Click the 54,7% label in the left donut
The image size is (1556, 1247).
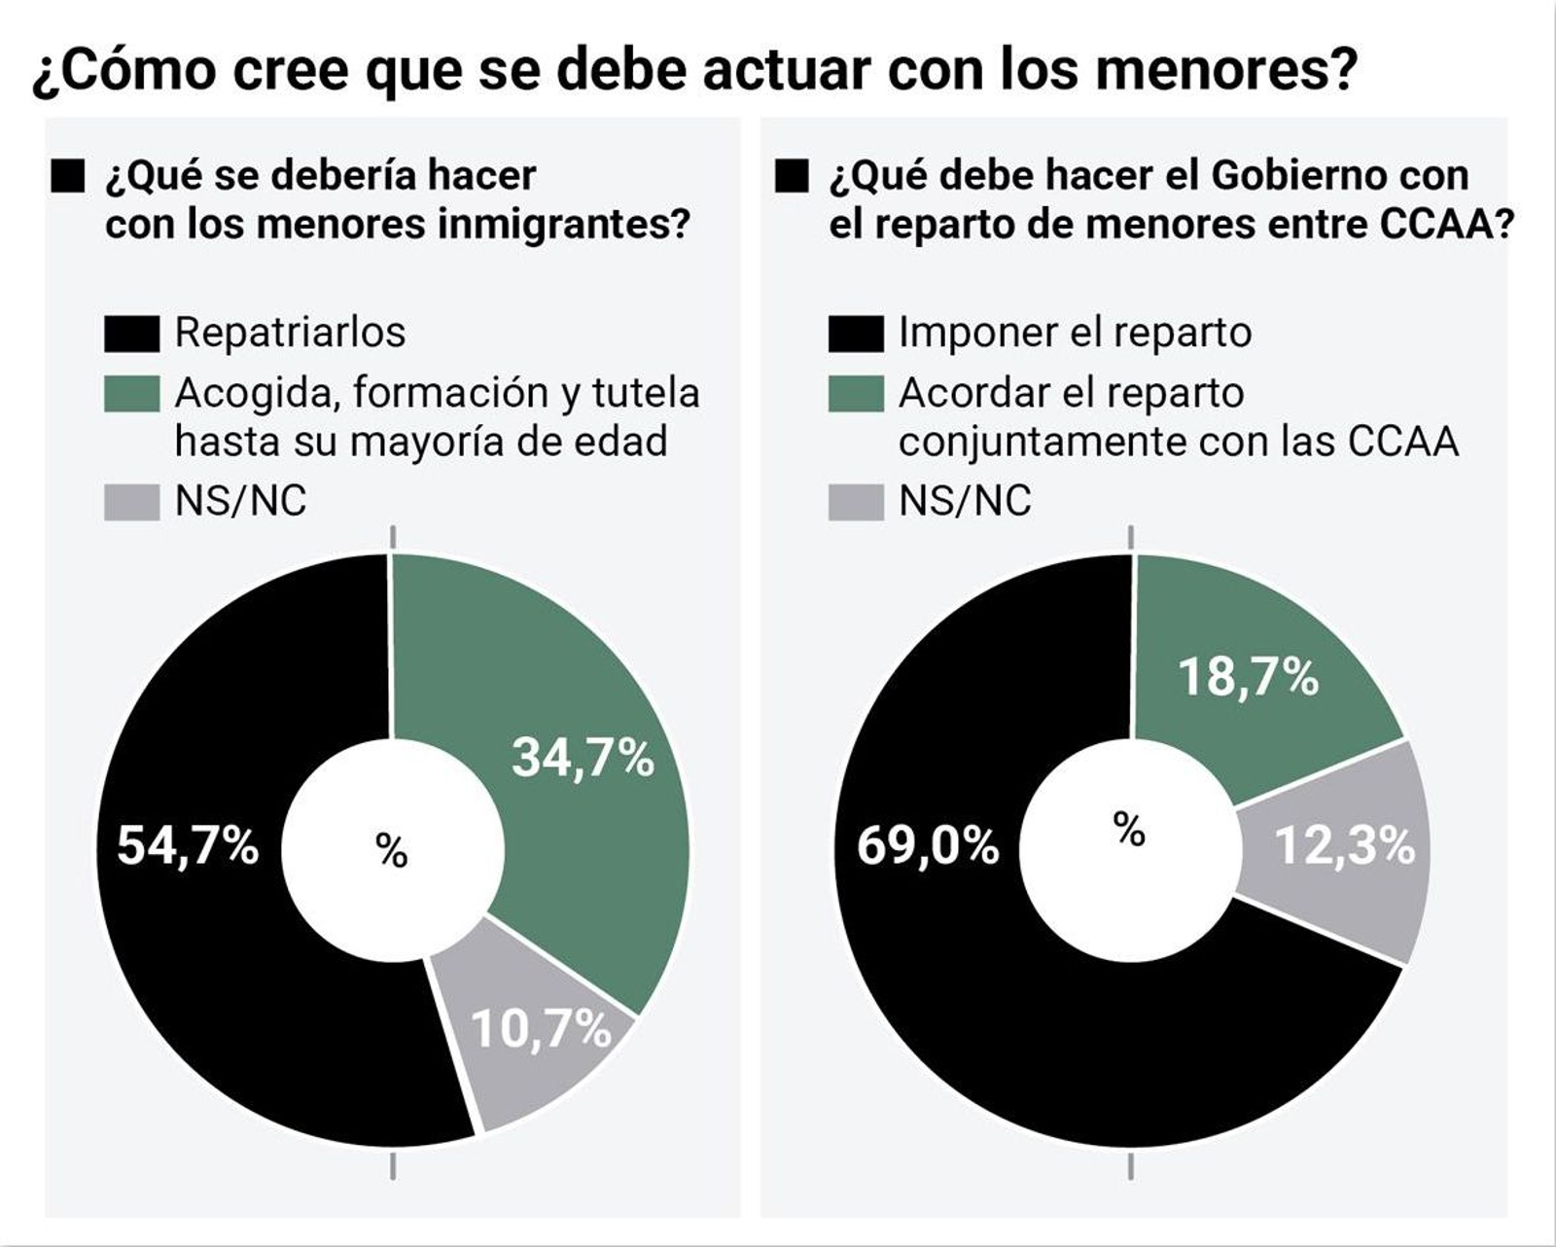pos(188,844)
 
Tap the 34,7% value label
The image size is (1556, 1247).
pos(583,757)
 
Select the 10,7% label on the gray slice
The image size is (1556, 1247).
pos(541,1028)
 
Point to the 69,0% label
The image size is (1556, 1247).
pos(928,845)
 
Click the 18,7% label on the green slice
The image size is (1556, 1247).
pos(1249,676)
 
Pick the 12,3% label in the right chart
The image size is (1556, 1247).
pos(1345,845)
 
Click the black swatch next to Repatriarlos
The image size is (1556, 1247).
pos(131,334)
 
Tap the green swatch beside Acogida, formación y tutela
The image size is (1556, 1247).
pos(131,394)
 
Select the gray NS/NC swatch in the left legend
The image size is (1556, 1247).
pos(131,503)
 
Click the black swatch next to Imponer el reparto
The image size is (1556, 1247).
pos(856,334)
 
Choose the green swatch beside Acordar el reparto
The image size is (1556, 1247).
pos(856,394)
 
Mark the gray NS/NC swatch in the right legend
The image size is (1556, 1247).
pos(856,503)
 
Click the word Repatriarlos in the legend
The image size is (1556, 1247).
pos(290,333)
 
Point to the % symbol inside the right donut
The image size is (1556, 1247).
pos(1129,830)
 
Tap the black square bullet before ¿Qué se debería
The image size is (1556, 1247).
pos(68,178)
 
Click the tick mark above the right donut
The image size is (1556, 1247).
pos(1130,537)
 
